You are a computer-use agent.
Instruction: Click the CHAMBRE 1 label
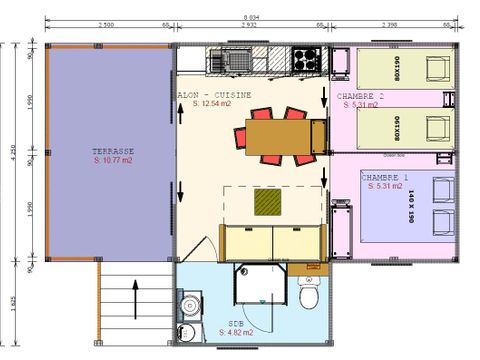tap(384, 177)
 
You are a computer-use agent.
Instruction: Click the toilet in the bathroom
tap(310, 297)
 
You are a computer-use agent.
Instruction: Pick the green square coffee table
tap(267, 203)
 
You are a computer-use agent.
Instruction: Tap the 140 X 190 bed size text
tap(410, 206)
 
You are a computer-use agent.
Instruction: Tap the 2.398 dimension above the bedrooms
tap(394, 25)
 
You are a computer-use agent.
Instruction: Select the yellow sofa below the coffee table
tap(270, 240)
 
